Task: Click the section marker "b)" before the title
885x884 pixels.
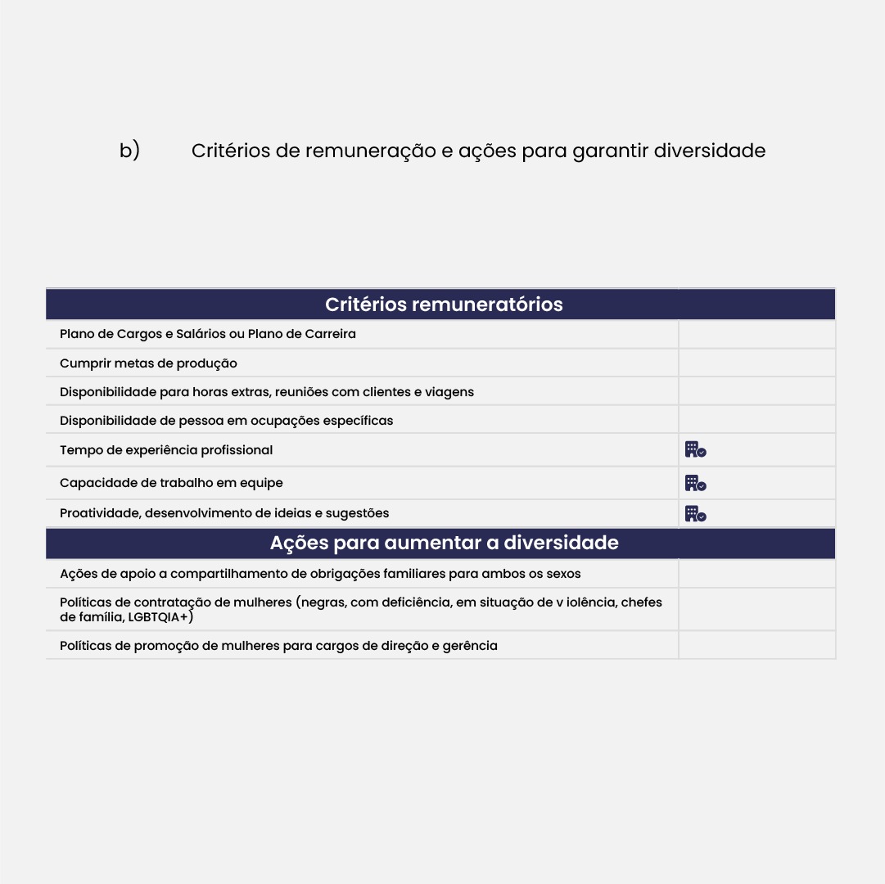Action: tap(129, 151)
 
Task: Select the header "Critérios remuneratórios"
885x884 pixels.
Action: tap(444, 304)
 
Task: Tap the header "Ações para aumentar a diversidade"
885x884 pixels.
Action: tap(444, 543)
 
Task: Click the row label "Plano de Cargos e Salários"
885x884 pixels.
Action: tap(208, 334)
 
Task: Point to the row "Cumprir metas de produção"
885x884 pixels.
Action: tap(148, 363)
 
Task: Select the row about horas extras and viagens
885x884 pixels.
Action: tap(266, 392)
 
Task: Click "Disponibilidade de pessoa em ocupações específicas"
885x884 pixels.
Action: tap(226, 421)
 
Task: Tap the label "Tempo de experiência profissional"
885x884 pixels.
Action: tap(166, 450)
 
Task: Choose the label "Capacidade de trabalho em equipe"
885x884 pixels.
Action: tap(171, 483)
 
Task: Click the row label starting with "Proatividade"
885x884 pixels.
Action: tap(224, 513)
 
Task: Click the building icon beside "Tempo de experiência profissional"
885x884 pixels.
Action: tap(695, 449)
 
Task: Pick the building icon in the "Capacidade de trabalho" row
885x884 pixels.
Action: tap(695, 483)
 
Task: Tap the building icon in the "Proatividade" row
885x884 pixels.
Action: tap(695, 514)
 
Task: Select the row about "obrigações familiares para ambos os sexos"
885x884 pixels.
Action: tap(320, 574)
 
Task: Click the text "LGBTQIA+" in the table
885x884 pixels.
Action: tap(160, 616)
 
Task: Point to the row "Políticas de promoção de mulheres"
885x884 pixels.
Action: tap(278, 646)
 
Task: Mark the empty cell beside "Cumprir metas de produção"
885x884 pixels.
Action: tap(756, 363)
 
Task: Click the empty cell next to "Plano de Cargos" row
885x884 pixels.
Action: tap(756, 334)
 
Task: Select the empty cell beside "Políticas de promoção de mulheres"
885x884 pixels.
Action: tap(756, 645)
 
